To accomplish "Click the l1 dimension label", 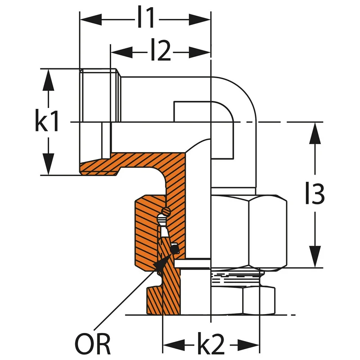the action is (145, 17).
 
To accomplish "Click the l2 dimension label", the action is (161, 50).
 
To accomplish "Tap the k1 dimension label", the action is (47, 120).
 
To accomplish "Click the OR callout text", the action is (93, 344).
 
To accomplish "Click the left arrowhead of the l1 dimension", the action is (91, 20).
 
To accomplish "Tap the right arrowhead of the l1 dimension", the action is (199, 20).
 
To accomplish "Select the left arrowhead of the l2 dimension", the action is (121, 52).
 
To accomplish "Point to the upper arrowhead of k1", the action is (48, 80).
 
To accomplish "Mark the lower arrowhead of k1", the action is (48, 164).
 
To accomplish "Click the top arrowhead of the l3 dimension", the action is (315, 133).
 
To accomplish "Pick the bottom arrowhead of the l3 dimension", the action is (315, 256).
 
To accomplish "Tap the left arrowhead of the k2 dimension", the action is (174, 345).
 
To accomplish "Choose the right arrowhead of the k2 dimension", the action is (248, 345).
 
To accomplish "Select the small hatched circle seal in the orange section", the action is (166, 211).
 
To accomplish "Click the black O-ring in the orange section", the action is (175, 248).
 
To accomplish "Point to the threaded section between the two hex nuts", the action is (237, 278).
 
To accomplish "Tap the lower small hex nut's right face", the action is (259, 301).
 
